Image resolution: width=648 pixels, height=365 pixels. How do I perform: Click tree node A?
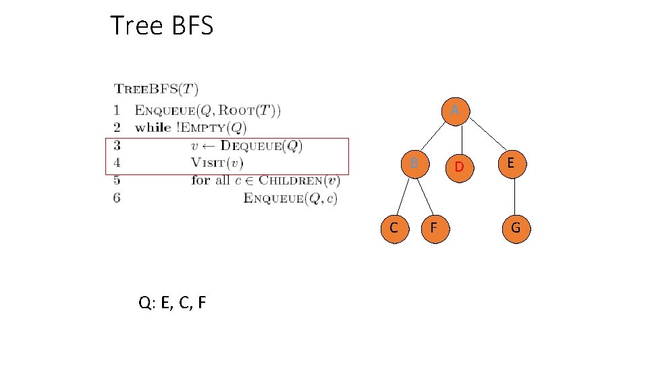[456, 109]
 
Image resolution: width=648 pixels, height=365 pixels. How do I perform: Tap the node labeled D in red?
[458, 166]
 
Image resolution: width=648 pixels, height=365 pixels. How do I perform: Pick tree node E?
[512, 163]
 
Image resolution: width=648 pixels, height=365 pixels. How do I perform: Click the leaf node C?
[393, 228]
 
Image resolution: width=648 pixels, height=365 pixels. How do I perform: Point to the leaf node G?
[515, 228]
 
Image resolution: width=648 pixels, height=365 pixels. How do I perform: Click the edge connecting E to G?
[514, 195]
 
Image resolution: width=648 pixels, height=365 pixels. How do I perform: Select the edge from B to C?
[403, 197]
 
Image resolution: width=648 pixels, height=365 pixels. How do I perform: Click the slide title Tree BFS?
[161, 26]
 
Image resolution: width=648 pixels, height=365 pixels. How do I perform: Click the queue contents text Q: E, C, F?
[172, 303]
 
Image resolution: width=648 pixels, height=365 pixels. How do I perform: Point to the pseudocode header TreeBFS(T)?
[156, 89]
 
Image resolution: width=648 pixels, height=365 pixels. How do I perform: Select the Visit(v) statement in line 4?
[217, 163]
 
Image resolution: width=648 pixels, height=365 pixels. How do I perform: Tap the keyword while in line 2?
[153, 127]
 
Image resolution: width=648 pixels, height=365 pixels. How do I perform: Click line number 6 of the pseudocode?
[117, 197]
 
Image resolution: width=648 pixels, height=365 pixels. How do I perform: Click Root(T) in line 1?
[252, 109]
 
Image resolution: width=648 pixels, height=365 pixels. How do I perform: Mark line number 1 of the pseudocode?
[117, 109]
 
